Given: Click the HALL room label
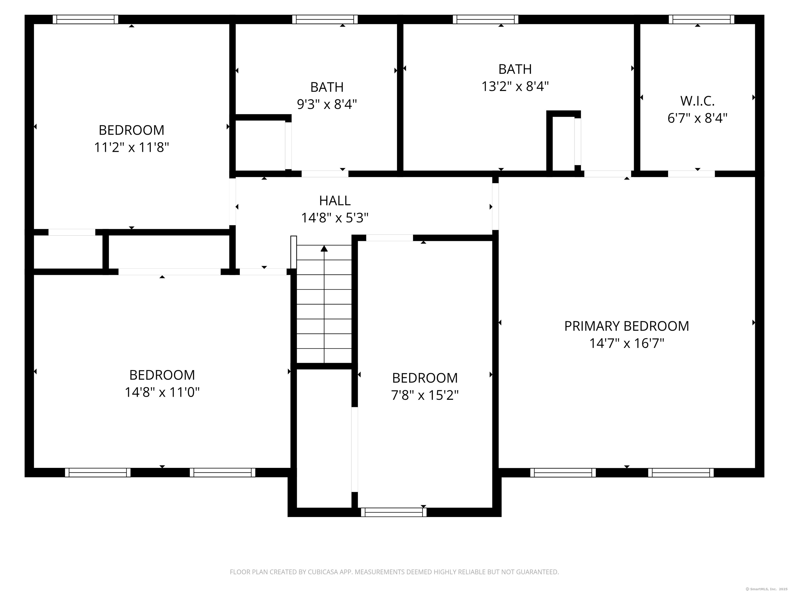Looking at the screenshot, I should [x=335, y=200].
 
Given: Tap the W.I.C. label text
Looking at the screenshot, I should [x=697, y=101].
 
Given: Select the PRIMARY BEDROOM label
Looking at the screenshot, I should [x=626, y=326].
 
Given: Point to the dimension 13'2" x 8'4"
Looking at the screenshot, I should [x=515, y=86].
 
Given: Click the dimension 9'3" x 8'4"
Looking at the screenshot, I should [x=327, y=105].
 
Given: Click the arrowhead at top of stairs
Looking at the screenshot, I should [x=324, y=248].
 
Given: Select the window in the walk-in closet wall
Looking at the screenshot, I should [x=701, y=19].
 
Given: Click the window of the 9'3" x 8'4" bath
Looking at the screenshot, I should [x=325, y=19].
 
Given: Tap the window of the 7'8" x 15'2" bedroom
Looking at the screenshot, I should [x=393, y=512].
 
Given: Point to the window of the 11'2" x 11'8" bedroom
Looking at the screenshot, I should [x=85, y=19].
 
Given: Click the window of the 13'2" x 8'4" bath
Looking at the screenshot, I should [x=485, y=19].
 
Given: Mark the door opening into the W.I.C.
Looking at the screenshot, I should [x=691, y=174].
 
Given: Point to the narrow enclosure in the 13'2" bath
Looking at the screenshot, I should [x=563, y=143].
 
